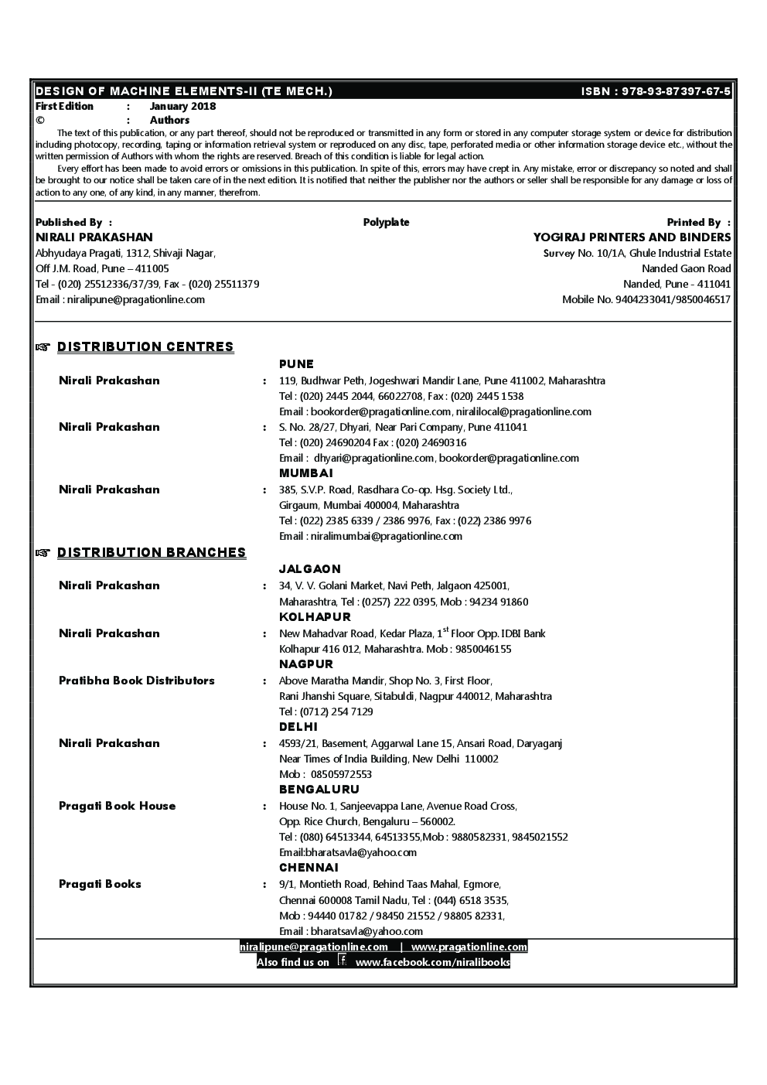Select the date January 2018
[x=182, y=107]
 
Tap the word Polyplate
[x=386, y=223]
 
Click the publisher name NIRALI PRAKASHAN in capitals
[x=94, y=237]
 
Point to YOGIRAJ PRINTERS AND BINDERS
[x=632, y=237]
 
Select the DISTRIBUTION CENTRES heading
[x=145, y=347]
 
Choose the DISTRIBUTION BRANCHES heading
[x=152, y=552]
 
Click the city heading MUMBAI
[x=306, y=473]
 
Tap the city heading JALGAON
[x=309, y=569]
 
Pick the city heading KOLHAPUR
[x=315, y=617]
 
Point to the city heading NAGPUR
[x=306, y=664]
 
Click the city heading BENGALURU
[x=319, y=790]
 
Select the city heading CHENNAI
[x=309, y=868]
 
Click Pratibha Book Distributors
[x=137, y=681]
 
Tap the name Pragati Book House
[x=118, y=806]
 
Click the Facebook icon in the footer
[x=343, y=961]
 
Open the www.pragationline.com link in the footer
[x=469, y=947]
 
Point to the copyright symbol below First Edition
[x=39, y=121]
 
